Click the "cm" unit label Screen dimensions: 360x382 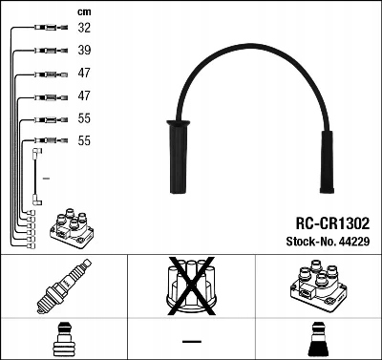tap(83, 11)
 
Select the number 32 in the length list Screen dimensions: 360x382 tap(84, 29)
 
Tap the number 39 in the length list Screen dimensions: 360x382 tap(84, 52)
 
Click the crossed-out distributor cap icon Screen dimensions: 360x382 tap(191, 289)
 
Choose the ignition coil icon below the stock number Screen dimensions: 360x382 tap(314, 287)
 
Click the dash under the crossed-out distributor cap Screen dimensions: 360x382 tap(191, 340)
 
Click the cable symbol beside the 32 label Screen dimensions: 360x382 tap(44, 30)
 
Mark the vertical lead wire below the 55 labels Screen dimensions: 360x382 tap(35, 177)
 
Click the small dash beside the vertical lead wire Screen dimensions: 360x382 tap(47, 178)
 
